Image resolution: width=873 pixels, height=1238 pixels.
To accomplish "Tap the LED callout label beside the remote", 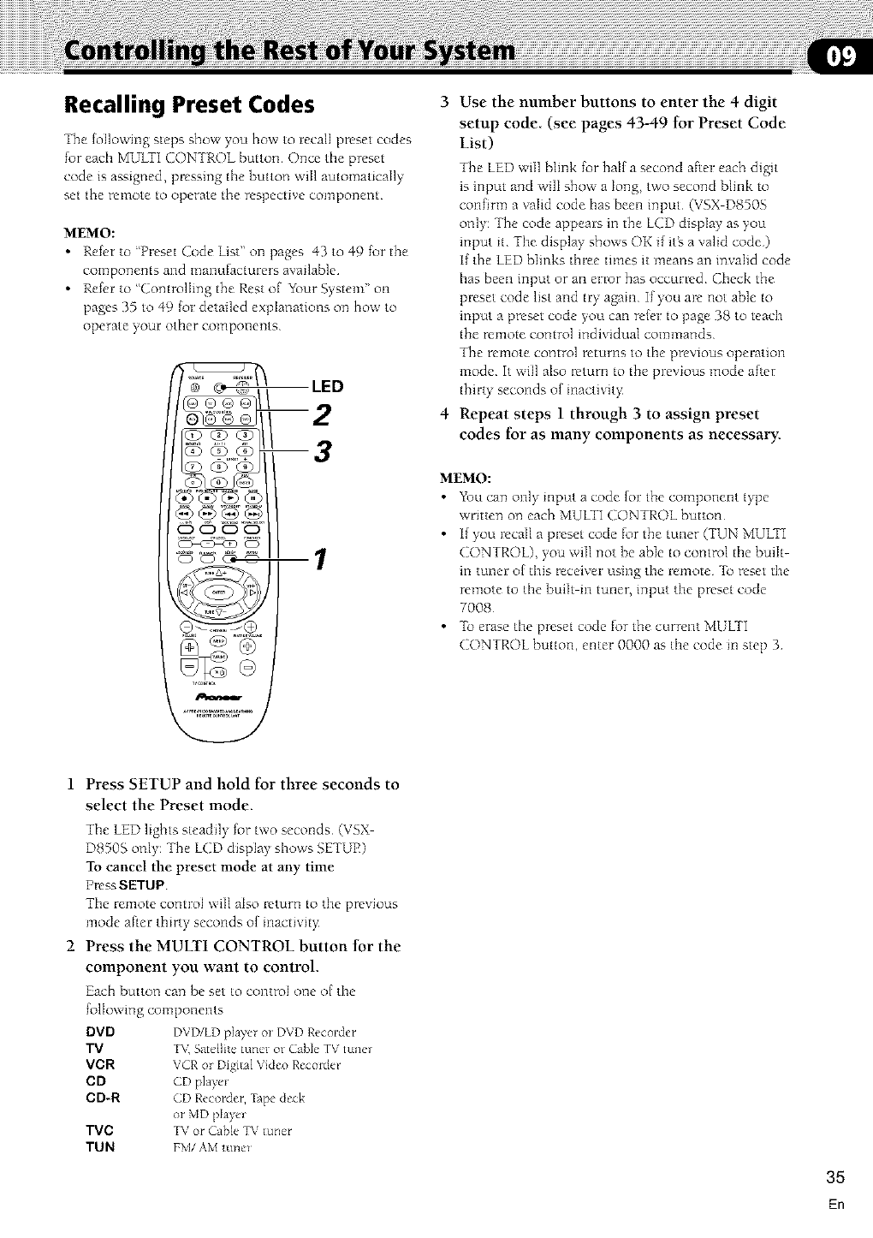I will pyautogui.click(x=326, y=386).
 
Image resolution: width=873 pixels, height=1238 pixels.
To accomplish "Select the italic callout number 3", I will pyautogui.click(x=322, y=450).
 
